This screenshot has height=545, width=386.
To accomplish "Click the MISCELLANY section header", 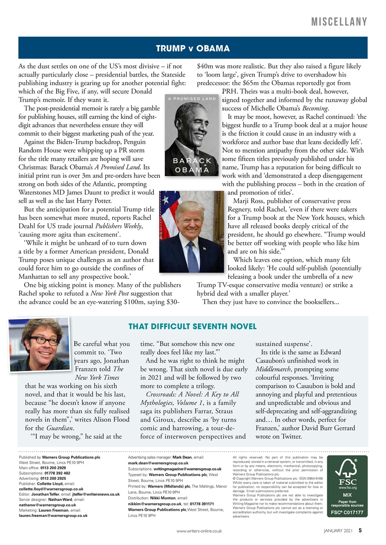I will point(339,22).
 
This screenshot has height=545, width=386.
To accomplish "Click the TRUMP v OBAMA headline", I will point(193,48).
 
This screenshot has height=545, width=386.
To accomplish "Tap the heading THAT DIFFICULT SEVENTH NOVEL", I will point(193,327).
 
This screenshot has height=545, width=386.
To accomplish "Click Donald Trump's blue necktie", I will point(193,255).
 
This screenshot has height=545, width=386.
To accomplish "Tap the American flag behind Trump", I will point(167,213).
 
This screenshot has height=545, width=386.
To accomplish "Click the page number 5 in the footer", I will point(360,531).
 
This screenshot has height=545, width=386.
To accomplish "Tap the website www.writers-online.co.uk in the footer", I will point(199,531).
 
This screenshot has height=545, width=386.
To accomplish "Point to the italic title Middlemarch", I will point(277,369).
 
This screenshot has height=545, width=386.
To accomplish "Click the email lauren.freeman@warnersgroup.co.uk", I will point(53,515).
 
